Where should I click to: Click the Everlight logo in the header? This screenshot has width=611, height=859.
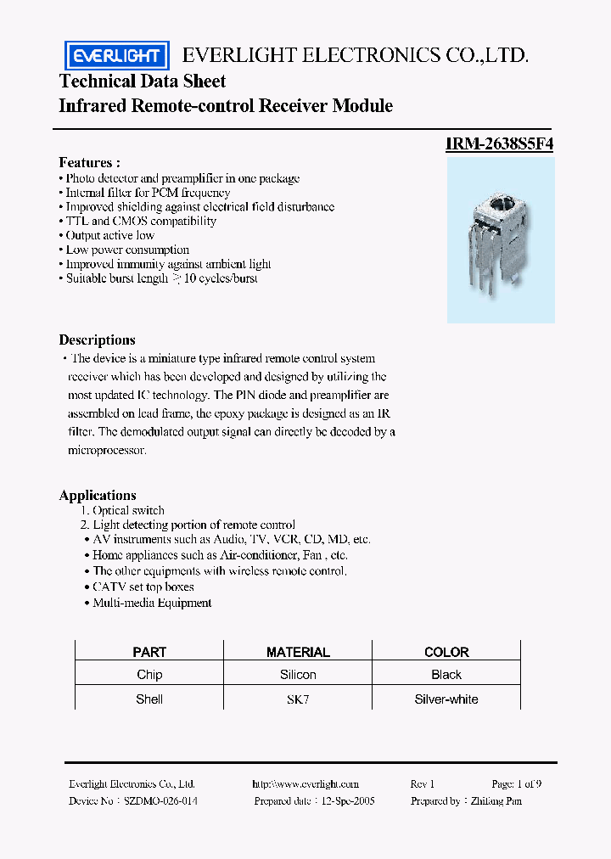pos(117,56)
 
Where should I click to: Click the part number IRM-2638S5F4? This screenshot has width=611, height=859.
pos(500,144)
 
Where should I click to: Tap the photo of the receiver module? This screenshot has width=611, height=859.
pos(501,240)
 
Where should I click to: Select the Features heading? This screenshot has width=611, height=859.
pos(89,162)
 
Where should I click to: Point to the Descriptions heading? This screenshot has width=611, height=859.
pos(97,340)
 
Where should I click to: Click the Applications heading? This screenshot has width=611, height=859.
pos(98,495)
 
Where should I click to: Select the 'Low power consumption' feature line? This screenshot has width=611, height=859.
pos(126,250)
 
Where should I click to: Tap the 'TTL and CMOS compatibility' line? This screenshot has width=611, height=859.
pos(140,221)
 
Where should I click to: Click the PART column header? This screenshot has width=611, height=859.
pos(149,652)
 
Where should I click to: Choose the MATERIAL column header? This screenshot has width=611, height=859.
pos(298,652)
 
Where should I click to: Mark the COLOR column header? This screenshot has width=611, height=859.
pos(446,652)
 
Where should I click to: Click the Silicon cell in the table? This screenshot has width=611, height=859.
pos(298,675)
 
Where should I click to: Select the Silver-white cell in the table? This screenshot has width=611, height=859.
pos(446,699)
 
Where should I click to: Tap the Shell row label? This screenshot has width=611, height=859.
pos(149,699)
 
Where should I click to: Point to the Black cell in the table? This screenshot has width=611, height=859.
pos(446,675)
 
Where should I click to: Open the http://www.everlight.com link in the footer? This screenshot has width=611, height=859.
pos(305,784)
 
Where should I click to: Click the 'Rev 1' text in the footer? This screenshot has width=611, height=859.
pos(422,784)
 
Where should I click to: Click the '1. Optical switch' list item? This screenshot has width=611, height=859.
pos(122,510)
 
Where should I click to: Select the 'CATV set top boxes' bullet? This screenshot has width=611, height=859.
pos(143,587)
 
